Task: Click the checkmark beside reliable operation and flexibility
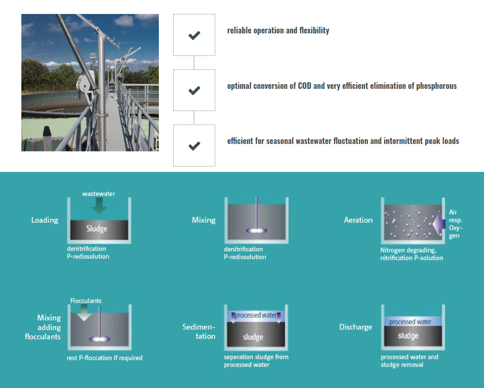point(194,35)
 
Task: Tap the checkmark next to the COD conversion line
point(194,90)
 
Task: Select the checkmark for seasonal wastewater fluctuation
point(194,146)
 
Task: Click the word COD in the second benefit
point(305,86)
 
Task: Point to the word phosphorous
point(436,86)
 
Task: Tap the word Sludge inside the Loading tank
point(97,229)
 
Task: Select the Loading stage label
point(45,220)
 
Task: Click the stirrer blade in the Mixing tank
point(256,230)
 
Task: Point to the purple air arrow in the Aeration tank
point(439,224)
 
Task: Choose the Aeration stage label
point(358,220)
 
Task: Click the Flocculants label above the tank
point(86,301)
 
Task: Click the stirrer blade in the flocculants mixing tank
point(99,339)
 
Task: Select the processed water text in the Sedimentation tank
point(256,315)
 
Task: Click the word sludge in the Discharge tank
point(408,336)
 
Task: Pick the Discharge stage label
point(355,327)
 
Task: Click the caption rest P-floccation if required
point(104,358)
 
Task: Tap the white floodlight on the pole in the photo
point(92,55)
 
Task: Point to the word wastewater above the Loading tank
point(99,194)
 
